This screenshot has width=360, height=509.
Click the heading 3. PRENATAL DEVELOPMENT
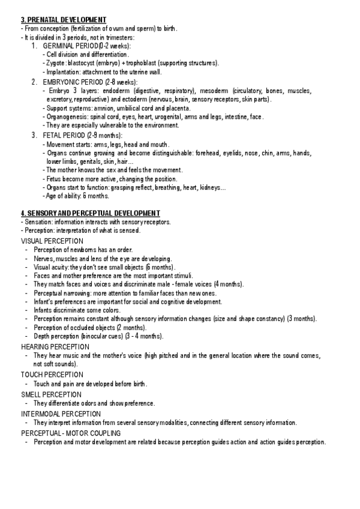(64, 20)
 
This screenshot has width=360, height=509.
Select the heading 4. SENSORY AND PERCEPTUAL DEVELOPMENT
(90, 213)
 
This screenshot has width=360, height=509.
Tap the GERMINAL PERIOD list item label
(86, 46)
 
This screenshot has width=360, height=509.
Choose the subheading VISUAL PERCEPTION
(52, 241)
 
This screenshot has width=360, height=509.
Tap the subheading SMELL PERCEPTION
(51, 394)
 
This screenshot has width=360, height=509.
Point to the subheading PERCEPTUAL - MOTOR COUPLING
(71, 433)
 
